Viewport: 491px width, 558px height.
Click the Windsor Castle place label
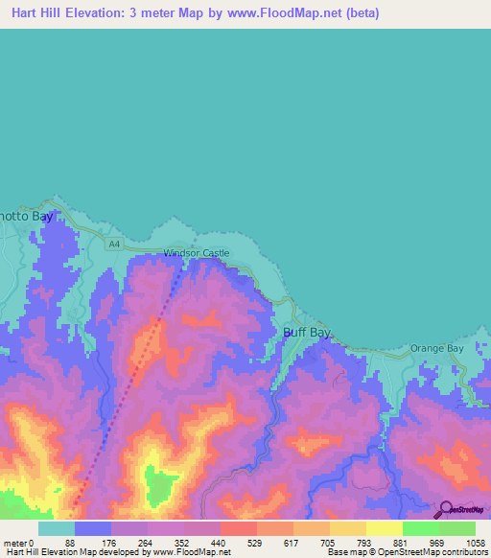tap(197, 253)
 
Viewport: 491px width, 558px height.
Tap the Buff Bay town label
tap(307, 333)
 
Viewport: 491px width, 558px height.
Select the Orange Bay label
tap(436, 348)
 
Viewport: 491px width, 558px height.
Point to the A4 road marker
tap(115, 245)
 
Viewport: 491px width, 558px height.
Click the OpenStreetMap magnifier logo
tap(444, 509)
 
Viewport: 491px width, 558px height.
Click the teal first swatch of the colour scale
tap(57, 528)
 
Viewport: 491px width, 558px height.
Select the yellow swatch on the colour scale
tap(384, 528)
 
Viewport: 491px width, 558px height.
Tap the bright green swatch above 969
tap(420, 528)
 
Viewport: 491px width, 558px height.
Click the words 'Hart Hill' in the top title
tap(37, 13)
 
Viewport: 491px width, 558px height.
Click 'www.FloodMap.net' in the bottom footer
tap(191, 552)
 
